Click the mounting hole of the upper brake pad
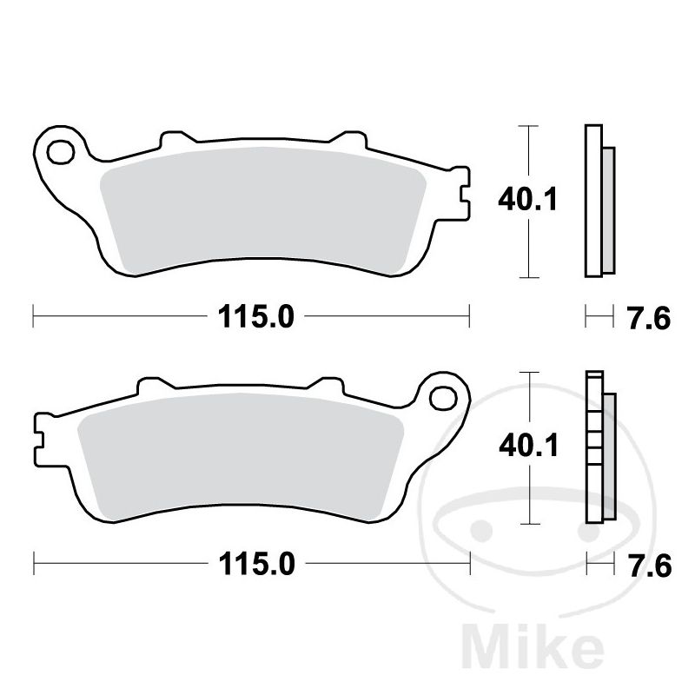61,152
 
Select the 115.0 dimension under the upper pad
255,317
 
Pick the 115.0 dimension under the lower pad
256,564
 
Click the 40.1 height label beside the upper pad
527,200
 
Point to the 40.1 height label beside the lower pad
528,446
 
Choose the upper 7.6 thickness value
649,319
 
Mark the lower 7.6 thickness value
650,566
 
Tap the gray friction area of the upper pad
262,210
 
